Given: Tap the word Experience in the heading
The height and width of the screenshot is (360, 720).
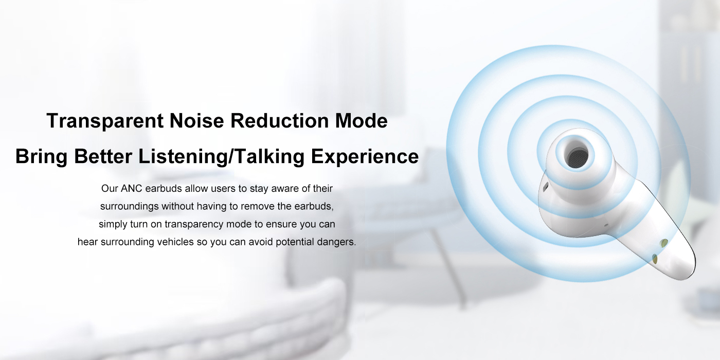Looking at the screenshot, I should coord(365,156).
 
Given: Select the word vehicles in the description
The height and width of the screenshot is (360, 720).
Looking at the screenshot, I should coord(174,242).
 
